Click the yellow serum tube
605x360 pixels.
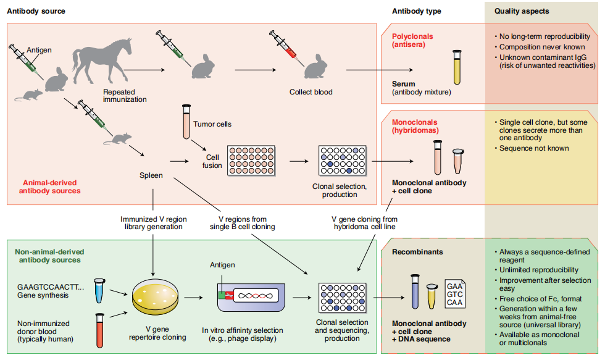click(x=457, y=67)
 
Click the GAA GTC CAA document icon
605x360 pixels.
click(x=455, y=292)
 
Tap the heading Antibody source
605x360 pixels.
click(x=35, y=12)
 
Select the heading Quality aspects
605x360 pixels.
click(x=522, y=12)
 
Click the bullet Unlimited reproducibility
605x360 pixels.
click(x=539, y=270)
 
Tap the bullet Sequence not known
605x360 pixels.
click(x=534, y=148)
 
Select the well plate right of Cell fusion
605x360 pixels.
click(x=251, y=161)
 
